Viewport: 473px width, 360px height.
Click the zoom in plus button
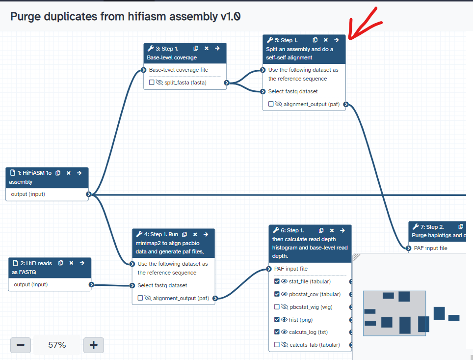pos(94,345)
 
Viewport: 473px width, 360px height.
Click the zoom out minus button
pos(21,345)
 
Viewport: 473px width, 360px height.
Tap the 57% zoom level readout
pos(57,345)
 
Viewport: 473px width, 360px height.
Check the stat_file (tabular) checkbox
pos(277,281)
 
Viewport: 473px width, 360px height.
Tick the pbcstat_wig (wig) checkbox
pos(277,307)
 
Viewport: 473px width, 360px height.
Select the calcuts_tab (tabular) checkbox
pos(277,345)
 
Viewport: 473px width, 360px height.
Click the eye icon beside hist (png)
pos(284,320)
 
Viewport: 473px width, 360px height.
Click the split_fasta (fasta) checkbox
pos(152,83)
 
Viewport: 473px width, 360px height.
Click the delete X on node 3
pos(207,48)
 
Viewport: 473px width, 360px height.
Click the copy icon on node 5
pos(315,40)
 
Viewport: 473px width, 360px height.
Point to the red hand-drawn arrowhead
pos(350,37)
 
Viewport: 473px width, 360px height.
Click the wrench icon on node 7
pos(415,227)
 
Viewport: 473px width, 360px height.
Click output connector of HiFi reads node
pos(91,284)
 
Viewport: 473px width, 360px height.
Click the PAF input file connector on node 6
pos(269,269)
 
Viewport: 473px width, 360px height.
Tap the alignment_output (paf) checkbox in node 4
pos(140,298)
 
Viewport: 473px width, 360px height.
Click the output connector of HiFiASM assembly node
pos(89,194)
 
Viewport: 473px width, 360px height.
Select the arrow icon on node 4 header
pos(206,234)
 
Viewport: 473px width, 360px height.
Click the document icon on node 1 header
pos(13,173)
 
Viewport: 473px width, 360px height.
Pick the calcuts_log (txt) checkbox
pos(277,332)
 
